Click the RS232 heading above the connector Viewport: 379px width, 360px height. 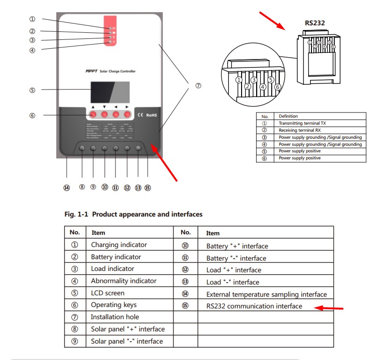315,22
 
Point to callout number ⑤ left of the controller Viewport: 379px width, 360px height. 32,90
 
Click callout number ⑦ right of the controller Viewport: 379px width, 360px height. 198,86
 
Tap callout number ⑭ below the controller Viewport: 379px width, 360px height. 66,187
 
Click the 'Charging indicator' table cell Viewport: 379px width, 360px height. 119,245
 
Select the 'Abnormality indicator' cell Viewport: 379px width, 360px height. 123,281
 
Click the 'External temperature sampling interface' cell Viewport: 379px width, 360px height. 266,294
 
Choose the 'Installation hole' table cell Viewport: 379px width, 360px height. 115,317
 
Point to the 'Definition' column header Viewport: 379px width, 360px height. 288,116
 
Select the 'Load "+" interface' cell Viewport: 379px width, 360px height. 234,270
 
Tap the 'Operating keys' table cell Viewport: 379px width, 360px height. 114,305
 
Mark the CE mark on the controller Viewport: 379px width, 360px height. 140,114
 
